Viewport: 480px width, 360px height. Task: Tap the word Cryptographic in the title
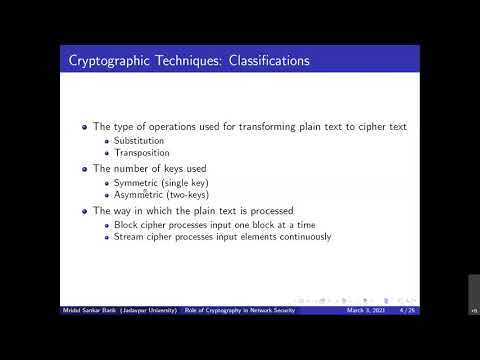point(107,61)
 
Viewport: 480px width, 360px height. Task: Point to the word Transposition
point(142,153)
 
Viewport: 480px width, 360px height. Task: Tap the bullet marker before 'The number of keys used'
point(85,170)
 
